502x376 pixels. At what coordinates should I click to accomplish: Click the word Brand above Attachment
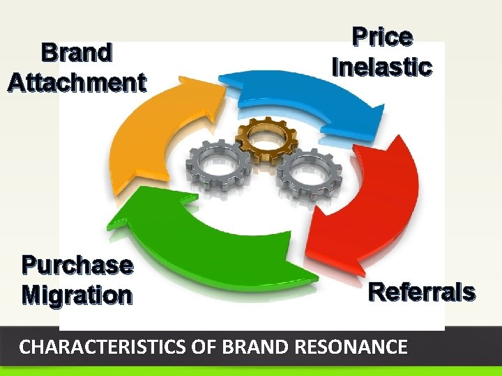pyautogui.click(x=77, y=53)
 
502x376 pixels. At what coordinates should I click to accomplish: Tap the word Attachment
pyautogui.click(x=77, y=83)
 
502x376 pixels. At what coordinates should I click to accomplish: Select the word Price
pyautogui.click(x=381, y=37)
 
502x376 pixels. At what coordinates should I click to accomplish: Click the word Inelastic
pyautogui.click(x=382, y=68)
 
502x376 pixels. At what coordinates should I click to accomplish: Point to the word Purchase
pyautogui.click(x=77, y=265)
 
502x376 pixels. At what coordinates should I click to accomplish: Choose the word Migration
pyautogui.click(x=77, y=295)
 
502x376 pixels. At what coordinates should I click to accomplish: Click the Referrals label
pyautogui.click(x=421, y=292)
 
